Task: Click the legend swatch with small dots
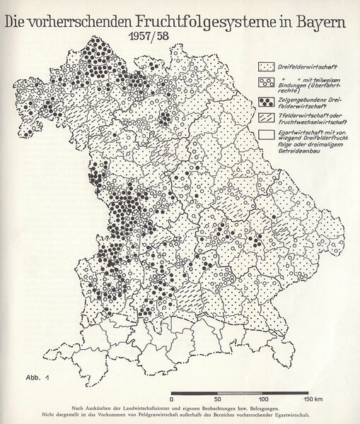[x=266, y=66]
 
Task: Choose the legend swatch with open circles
[x=266, y=82]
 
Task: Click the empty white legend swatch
[x=266, y=134]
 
